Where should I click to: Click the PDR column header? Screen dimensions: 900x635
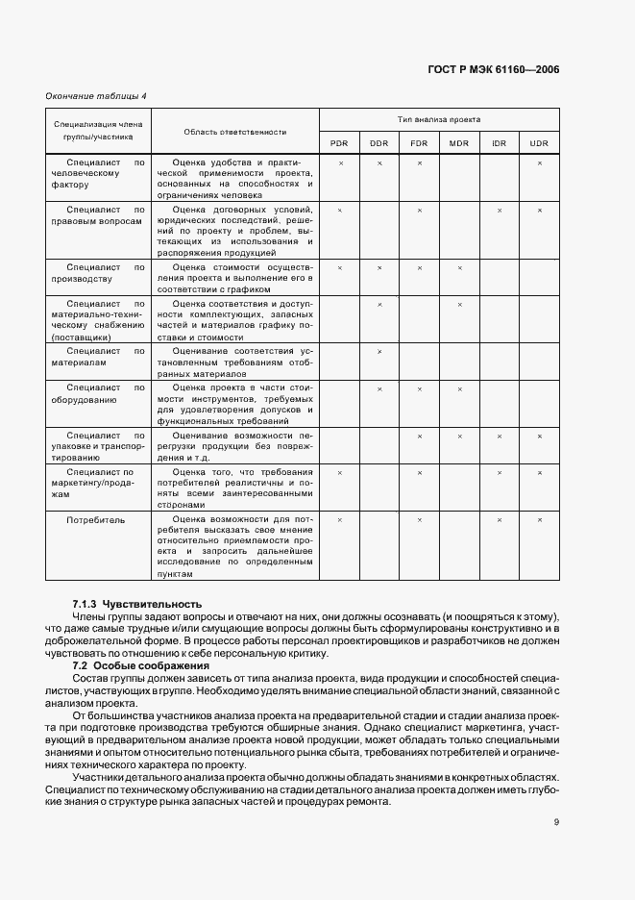point(339,143)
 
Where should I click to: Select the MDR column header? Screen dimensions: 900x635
point(459,143)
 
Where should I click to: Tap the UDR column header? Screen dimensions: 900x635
point(539,143)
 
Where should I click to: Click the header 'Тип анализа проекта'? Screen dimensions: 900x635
point(439,118)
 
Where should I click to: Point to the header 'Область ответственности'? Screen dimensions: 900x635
point(235,131)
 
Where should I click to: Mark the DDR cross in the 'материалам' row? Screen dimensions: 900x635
point(379,352)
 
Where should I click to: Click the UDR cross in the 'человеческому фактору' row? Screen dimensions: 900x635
point(539,162)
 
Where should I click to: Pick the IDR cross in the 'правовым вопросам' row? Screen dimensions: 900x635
point(500,210)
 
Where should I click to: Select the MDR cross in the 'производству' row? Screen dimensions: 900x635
point(459,267)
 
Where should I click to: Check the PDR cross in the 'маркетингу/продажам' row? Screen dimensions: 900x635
point(339,472)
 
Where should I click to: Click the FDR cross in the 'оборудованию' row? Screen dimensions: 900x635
point(419,388)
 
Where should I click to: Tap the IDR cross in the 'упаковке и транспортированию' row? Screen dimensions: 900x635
point(500,436)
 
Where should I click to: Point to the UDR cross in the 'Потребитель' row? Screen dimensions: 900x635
point(539,519)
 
